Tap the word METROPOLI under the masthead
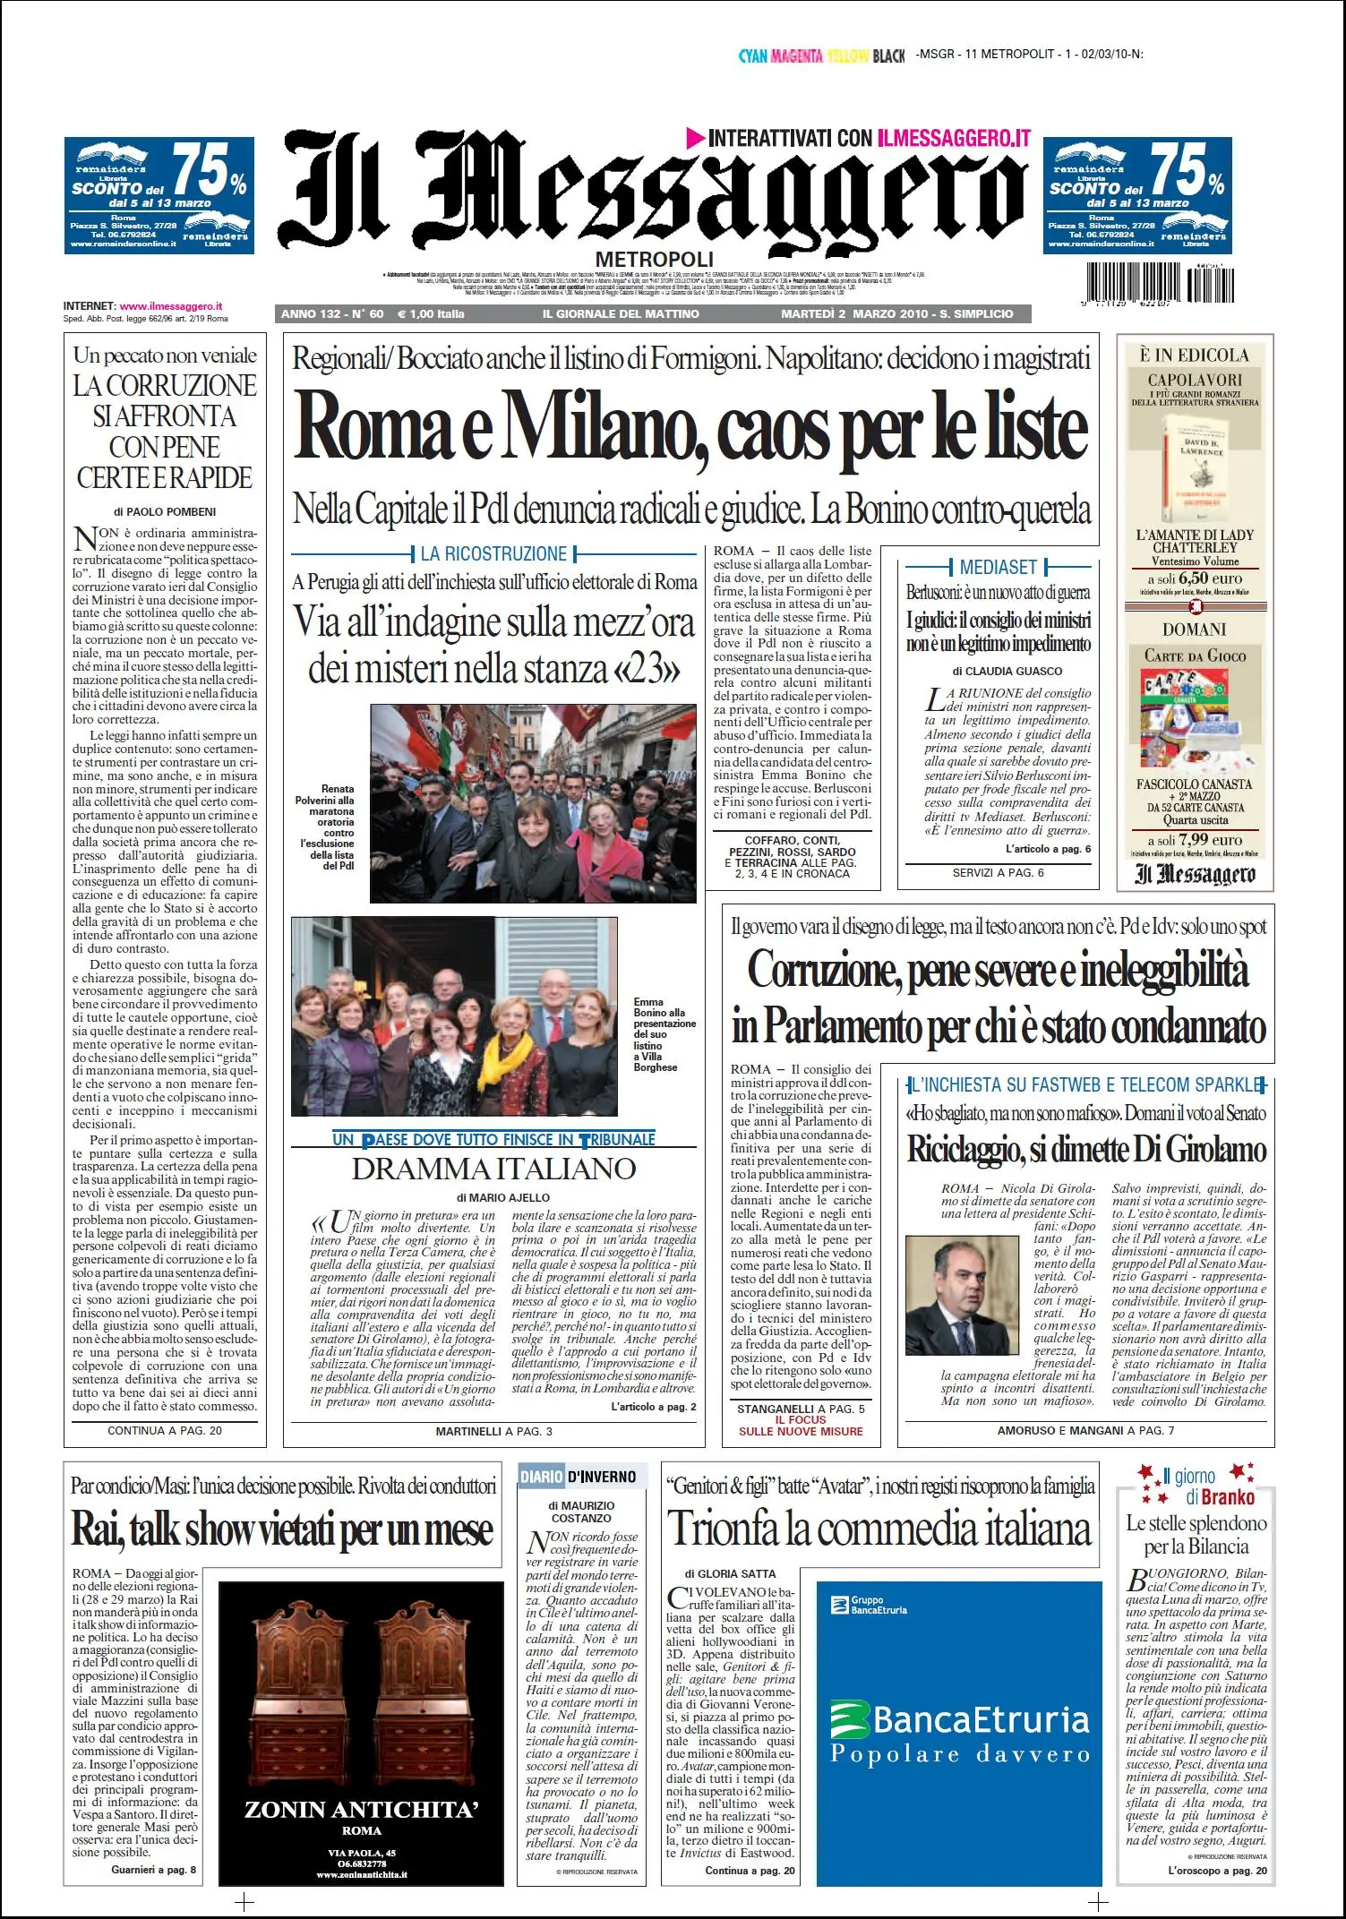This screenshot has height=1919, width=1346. (654, 260)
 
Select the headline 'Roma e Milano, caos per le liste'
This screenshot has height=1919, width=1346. (690, 427)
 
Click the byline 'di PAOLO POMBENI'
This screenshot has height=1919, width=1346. (165, 512)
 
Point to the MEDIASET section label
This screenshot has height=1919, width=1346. (998, 567)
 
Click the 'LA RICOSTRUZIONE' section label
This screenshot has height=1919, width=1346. (493, 553)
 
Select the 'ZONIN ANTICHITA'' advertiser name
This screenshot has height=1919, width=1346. (361, 1810)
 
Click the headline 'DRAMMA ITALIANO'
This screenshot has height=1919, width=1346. (493, 1169)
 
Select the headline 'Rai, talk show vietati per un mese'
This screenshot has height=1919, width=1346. (282, 1529)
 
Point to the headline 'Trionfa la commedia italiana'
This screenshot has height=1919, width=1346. (879, 1528)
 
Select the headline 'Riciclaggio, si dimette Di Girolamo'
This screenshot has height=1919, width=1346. (1086, 1149)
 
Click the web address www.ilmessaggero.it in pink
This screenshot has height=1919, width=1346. (171, 306)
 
